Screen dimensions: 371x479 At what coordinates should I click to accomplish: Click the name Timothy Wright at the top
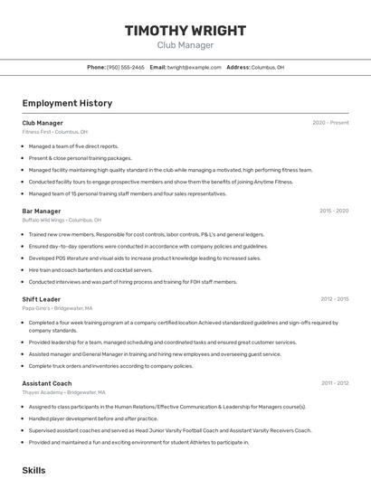[x=185, y=31]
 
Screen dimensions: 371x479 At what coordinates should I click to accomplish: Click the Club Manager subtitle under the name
[x=185, y=45]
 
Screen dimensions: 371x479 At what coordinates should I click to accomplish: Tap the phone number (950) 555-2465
[x=125, y=68]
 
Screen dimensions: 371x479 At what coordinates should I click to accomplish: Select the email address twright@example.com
[x=195, y=68]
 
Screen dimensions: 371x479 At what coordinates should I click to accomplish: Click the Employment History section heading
[x=67, y=104]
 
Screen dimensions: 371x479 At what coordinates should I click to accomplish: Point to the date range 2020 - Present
[x=330, y=123]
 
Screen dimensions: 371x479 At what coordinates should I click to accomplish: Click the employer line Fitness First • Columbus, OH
[x=55, y=132]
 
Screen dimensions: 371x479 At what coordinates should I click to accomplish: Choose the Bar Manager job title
[x=42, y=211]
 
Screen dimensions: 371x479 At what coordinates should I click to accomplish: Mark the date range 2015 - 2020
[x=334, y=211]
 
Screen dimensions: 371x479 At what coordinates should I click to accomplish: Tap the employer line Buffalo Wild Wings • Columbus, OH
[x=62, y=220]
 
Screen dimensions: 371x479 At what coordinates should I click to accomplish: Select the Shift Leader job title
[x=42, y=299]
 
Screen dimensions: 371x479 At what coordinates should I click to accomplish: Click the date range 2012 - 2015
[x=334, y=299]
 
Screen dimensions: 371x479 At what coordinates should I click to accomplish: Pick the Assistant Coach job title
[x=48, y=383]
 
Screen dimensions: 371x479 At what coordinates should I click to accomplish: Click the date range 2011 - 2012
[x=334, y=383]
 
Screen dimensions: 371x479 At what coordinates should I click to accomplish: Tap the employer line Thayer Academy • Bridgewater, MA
[x=63, y=392]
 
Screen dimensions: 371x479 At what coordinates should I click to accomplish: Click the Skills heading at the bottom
[x=33, y=471]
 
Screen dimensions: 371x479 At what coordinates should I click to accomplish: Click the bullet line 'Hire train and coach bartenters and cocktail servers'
[x=90, y=269]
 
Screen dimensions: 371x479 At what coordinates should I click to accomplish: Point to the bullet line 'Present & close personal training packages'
[x=80, y=157]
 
